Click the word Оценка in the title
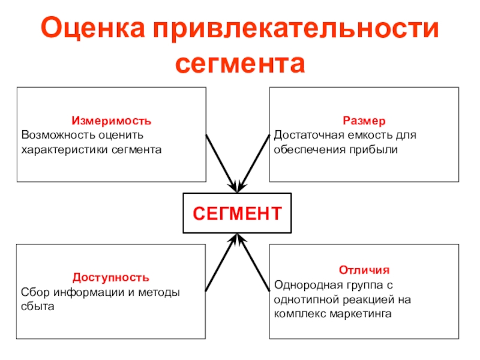[x=93, y=28]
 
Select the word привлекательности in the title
[x=296, y=28]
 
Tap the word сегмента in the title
[x=240, y=64]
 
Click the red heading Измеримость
[x=112, y=121]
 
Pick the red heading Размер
[x=364, y=121]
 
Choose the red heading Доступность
[x=111, y=277]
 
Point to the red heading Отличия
[x=364, y=270]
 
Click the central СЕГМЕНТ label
[x=237, y=214]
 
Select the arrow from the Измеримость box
[x=221, y=163]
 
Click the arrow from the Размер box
[x=254, y=163]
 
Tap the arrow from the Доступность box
[x=221, y=262]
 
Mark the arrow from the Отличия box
[x=254, y=262]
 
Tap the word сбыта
[x=38, y=306]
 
